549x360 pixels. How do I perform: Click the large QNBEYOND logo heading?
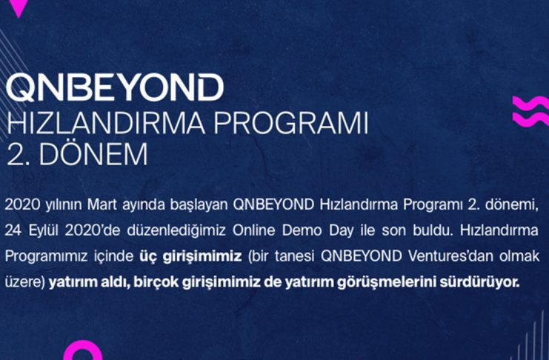(115, 87)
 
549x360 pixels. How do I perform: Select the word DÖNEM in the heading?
(93, 154)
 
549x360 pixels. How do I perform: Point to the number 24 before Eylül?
(13, 231)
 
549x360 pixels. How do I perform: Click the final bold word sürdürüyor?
(479, 282)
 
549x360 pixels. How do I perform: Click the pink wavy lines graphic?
(530, 111)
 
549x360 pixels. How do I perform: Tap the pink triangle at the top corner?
(19, 7)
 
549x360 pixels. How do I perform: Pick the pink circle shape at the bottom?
(83, 351)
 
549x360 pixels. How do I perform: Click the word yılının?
(64, 205)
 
